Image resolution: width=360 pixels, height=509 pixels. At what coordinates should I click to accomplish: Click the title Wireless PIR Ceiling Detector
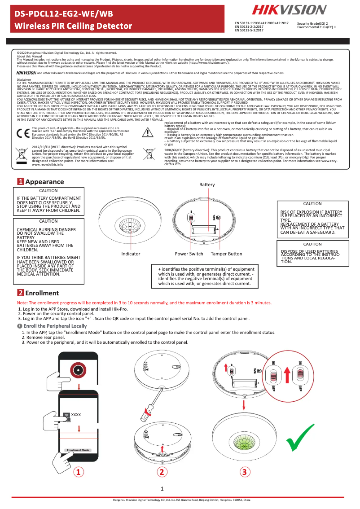tap(74, 26)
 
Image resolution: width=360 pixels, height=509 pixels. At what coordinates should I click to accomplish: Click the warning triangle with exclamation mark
tap(148, 132)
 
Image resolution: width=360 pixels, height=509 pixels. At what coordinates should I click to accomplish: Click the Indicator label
tap(131, 254)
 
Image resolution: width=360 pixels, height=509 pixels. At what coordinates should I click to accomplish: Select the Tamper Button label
tap(227, 254)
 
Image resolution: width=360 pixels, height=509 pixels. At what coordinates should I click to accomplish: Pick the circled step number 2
tap(162, 472)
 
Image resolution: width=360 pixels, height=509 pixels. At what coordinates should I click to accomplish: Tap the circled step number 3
tap(244, 472)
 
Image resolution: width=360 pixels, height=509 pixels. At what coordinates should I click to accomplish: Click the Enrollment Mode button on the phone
tap(78, 450)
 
